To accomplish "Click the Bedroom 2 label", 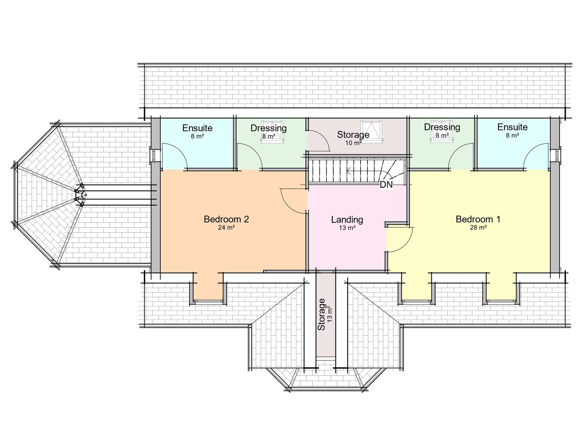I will point(226,219).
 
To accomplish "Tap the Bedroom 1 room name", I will point(478,219).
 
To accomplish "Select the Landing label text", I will point(347,219).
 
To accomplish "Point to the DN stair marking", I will point(386,185).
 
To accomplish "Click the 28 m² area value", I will point(478,227).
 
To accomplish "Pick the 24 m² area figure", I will point(226,227).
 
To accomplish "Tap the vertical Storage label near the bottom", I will point(321,314).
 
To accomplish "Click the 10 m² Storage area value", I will point(353,143).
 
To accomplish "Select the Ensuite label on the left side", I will point(197,128).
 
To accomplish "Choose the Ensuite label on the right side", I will point(512,127).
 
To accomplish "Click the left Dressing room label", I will point(268,128).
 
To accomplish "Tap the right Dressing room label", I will point(442,127).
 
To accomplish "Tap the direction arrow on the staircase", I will point(349,170).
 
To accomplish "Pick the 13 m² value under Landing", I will point(347,228).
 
